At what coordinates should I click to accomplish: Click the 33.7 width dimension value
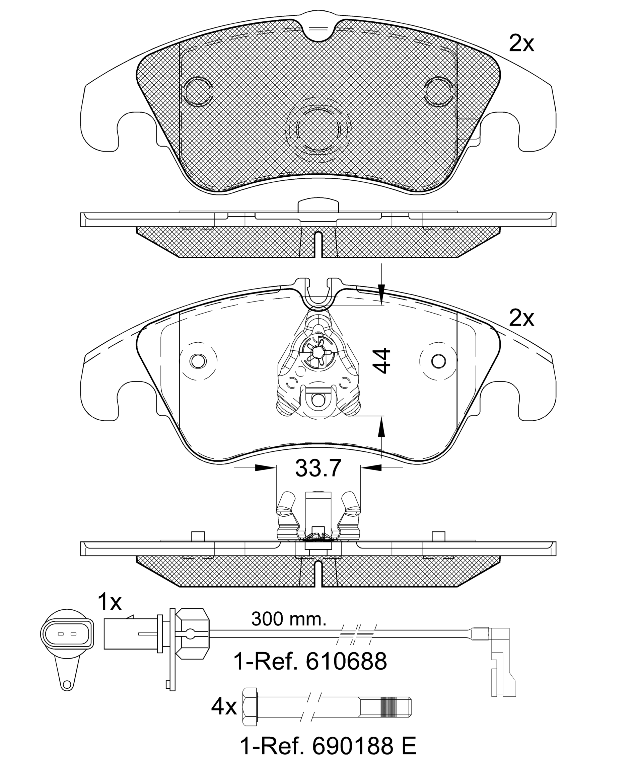coord(318,468)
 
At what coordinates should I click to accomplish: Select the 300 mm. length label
coord(289,619)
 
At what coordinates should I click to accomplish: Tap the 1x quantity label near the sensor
coord(110,602)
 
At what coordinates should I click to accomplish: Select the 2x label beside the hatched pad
coord(521,44)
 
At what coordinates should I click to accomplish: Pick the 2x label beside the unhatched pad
coord(521,318)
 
